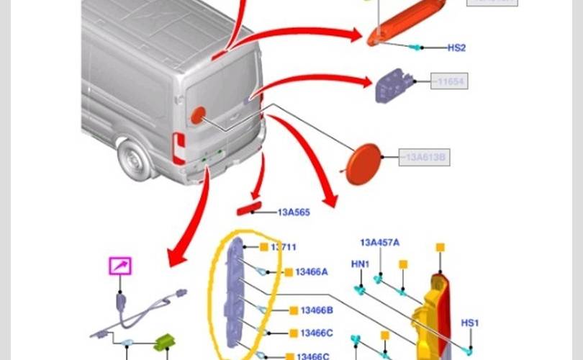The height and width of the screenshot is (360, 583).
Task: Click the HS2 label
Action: point(456,48)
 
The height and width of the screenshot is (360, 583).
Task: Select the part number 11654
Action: point(450,81)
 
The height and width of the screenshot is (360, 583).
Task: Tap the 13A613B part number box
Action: point(425,157)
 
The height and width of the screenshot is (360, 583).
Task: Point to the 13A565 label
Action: point(294,212)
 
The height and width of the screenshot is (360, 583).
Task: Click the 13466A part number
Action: point(311,272)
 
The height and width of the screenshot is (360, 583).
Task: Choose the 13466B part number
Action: point(317,310)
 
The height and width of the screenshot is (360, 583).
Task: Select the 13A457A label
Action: point(379,243)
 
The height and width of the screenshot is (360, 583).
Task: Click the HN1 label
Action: point(360,264)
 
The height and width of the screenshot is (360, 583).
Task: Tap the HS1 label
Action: point(469,323)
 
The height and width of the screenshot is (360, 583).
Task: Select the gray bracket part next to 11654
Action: point(393,86)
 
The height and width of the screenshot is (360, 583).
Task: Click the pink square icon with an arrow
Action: point(120,266)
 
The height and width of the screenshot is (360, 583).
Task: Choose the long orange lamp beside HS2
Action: point(405,24)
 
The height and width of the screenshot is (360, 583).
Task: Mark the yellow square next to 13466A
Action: point(288,272)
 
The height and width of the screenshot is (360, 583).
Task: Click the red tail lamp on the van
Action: point(178,148)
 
